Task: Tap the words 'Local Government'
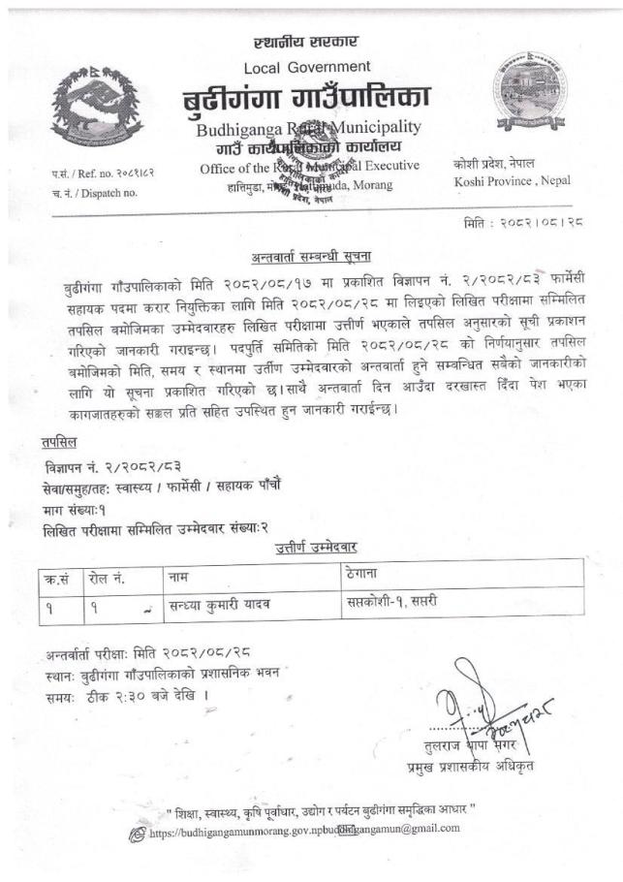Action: (x=306, y=67)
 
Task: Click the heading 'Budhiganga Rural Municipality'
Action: (x=308, y=128)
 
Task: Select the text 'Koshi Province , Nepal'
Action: (x=512, y=181)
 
